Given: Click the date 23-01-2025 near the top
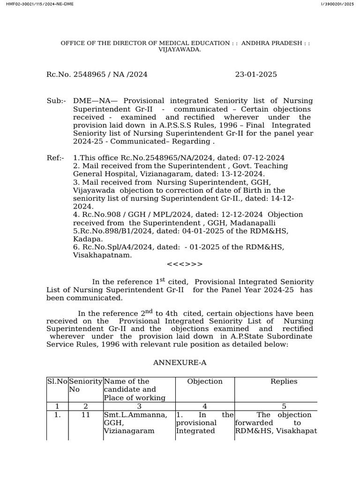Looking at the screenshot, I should [x=255, y=75].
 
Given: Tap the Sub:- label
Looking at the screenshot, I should [x=56, y=101].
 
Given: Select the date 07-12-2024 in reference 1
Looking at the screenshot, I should [x=263, y=158].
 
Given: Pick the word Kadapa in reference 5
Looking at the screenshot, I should [x=85, y=239].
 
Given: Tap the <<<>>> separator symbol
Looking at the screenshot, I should [x=185, y=264].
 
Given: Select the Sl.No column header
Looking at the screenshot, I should [x=57, y=382].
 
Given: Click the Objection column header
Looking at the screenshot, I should [x=205, y=382].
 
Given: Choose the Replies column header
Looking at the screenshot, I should [x=284, y=382].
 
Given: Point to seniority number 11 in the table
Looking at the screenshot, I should [x=85, y=415].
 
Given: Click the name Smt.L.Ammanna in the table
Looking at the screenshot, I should [x=135, y=415].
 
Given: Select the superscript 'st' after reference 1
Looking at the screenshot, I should [x=163, y=280].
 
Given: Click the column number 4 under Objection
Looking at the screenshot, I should [x=205, y=406].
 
